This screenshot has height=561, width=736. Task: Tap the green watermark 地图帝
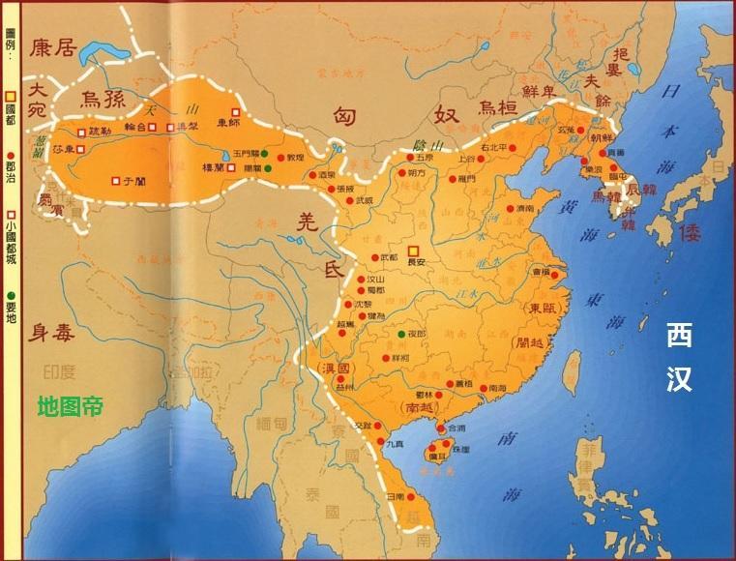[69, 406]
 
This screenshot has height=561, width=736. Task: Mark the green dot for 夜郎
[400, 334]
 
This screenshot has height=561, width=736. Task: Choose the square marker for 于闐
[115, 180]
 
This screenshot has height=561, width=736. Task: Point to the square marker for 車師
[234, 111]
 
